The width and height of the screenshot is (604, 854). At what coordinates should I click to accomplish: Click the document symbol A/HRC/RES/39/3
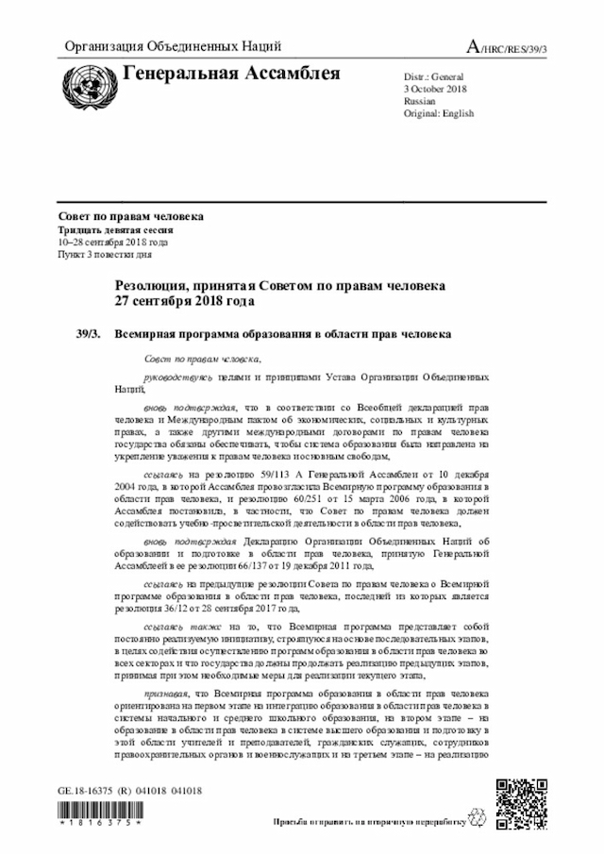tap(507, 47)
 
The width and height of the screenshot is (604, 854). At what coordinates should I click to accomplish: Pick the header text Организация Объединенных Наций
tap(172, 47)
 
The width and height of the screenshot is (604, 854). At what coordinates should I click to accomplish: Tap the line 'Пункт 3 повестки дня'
tap(105, 255)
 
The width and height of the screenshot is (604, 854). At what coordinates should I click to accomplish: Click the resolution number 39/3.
tap(89, 334)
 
